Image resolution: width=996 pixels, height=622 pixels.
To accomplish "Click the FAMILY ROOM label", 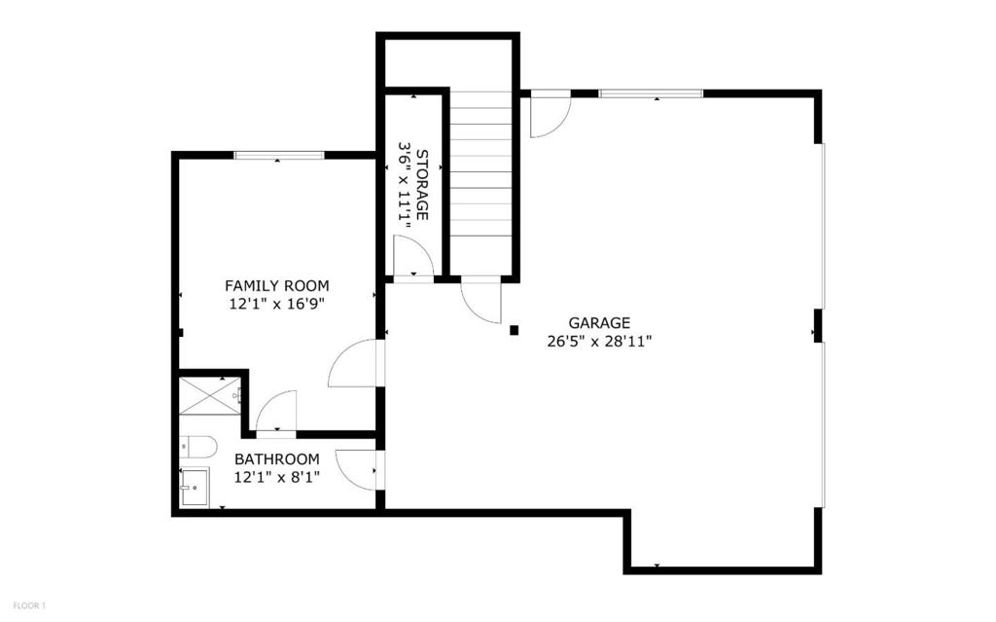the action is click(277, 285).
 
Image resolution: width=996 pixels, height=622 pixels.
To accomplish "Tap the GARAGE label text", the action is click(599, 323).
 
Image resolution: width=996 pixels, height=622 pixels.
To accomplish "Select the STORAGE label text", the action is click(422, 184).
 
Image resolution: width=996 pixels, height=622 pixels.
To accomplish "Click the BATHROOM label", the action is click(277, 459).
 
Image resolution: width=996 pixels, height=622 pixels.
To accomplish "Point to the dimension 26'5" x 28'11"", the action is click(599, 342).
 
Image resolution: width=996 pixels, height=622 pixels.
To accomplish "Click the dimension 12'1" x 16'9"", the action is click(277, 304).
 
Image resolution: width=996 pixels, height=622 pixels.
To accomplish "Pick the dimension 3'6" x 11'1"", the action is click(404, 184).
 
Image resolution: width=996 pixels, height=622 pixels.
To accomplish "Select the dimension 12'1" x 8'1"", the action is click(277, 477).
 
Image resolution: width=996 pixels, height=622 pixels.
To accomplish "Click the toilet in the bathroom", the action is click(197, 447).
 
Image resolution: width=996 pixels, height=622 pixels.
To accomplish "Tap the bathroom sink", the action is click(195, 488).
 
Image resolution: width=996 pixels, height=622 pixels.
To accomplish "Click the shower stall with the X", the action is click(210, 395).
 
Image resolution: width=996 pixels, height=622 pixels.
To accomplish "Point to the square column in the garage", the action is click(515, 330).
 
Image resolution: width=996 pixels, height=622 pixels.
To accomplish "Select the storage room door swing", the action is click(413, 256).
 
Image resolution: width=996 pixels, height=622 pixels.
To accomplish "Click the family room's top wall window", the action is click(279, 155).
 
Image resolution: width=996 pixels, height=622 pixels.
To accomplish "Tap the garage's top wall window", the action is click(652, 94).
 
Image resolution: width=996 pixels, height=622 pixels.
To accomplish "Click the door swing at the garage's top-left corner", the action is click(551, 115).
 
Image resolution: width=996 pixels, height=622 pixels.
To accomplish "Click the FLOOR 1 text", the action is click(29, 605).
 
